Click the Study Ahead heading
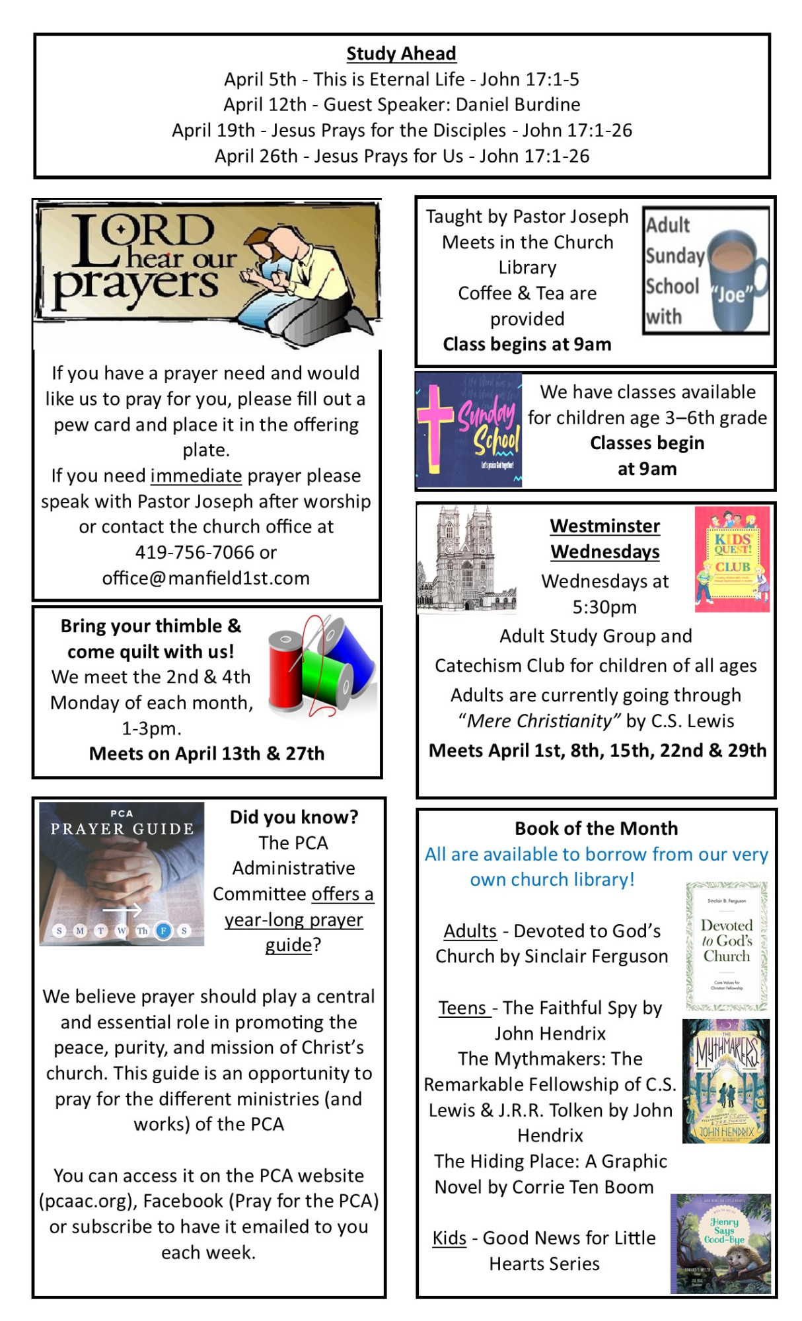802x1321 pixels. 401,54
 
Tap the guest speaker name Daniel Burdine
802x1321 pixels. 518,104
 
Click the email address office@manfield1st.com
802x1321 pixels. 205,578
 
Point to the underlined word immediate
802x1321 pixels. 196,476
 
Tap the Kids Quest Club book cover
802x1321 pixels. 732,559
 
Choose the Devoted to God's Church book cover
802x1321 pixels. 726,946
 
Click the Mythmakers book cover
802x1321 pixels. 725,1081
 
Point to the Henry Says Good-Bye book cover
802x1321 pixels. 721,1242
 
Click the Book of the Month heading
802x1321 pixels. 596,828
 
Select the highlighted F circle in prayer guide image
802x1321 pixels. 163,931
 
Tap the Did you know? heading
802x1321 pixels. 294,817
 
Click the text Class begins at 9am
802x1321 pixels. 527,344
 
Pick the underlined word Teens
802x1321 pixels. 462,1008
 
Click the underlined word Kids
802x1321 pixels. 449,1238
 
